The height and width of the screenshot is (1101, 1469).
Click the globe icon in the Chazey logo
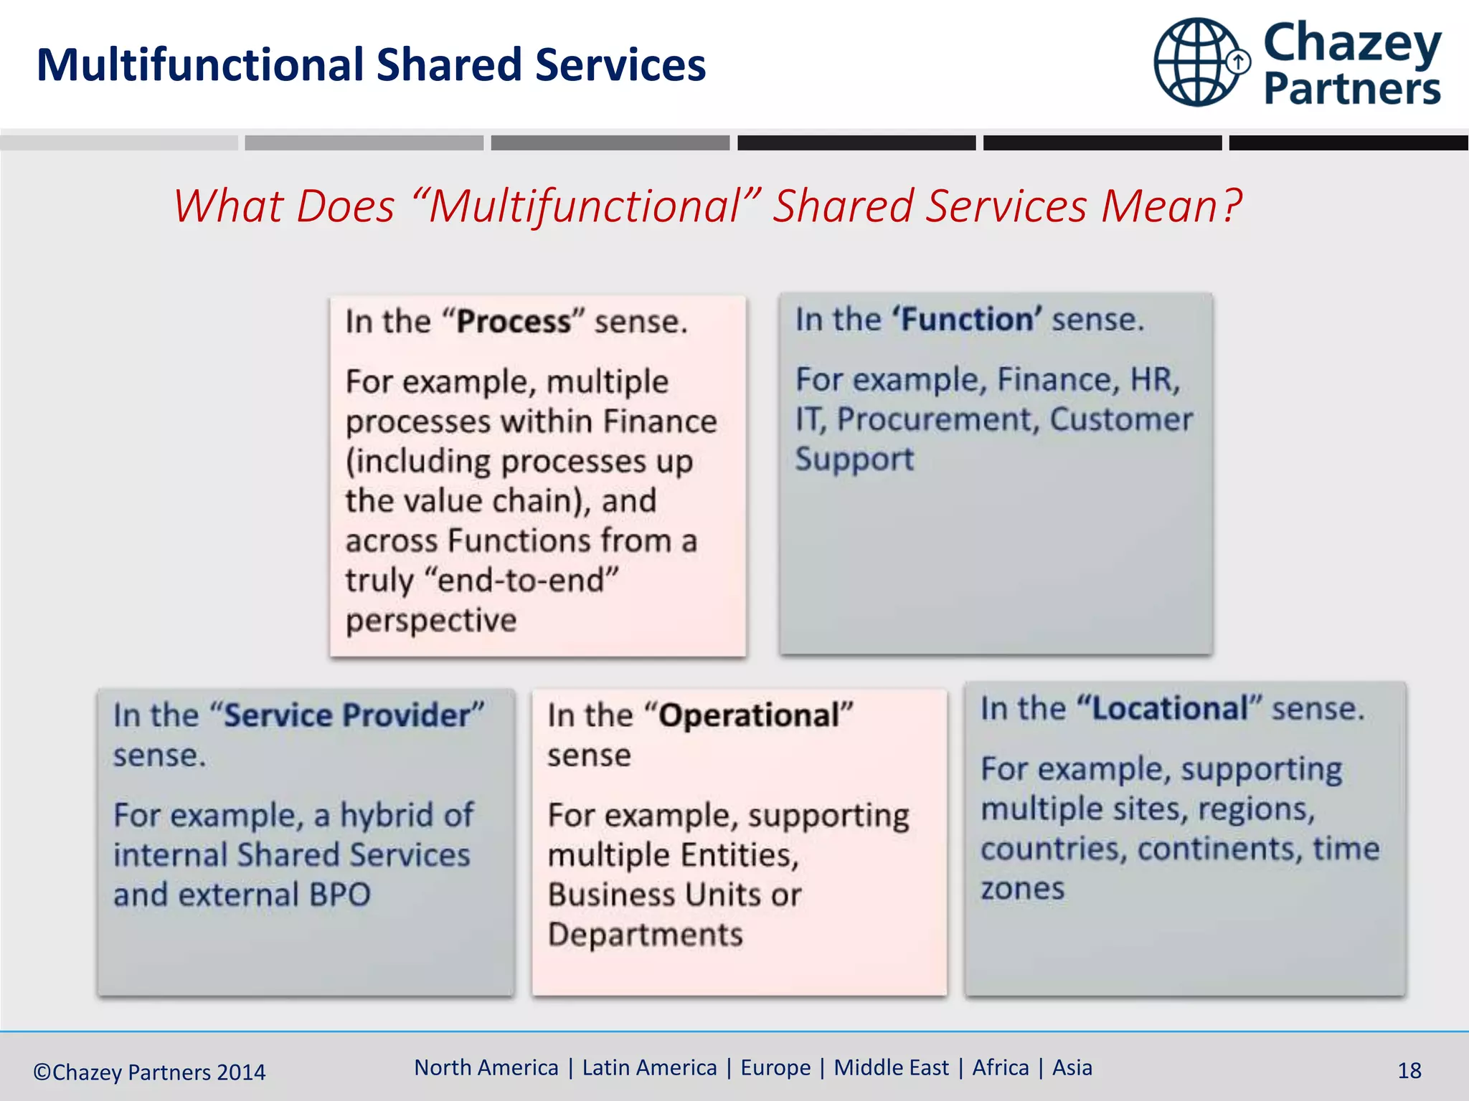1196,63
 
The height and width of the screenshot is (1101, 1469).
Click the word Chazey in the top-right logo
1351,43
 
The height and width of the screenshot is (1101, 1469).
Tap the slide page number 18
1409,1071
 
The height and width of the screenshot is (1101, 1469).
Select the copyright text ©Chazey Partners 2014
149,1072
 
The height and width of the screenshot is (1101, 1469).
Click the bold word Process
514,322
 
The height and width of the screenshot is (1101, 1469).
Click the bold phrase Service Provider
347,715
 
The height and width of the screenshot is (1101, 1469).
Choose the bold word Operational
749,715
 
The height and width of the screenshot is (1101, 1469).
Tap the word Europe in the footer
775,1068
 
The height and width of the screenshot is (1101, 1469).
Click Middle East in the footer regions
891,1068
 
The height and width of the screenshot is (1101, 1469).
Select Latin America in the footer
649,1068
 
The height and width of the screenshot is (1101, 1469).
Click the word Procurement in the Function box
937,419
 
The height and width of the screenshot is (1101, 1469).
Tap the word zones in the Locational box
1022,889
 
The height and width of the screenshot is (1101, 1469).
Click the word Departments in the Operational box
645,935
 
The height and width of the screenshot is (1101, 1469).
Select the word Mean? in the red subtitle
1171,206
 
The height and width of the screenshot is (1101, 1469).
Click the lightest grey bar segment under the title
118,143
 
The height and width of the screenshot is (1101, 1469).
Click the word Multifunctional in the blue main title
200,65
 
